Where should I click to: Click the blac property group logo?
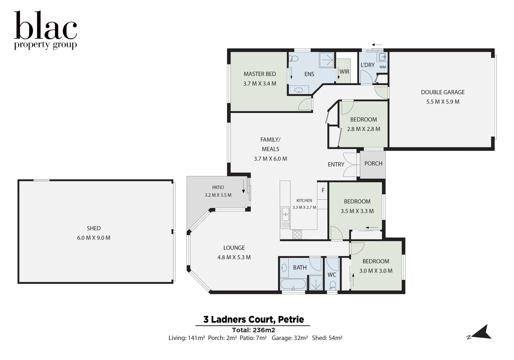tap(45, 30)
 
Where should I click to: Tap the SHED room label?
tap(94, 228)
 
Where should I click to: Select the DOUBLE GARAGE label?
tap(442, 92)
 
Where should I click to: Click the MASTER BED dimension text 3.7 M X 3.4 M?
tap(260, 84)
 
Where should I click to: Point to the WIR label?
tap(344, 72)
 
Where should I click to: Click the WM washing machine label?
tap(383, 67)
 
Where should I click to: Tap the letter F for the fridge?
tap(323, 191)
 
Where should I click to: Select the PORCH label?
tap(373, 164)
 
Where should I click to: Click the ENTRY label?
tap(336, 164)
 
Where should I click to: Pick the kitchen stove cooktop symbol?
tap(297, 235)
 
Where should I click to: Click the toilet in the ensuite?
tap(294, 59)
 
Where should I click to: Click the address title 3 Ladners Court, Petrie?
tap(253, 320)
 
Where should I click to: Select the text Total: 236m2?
tap(253, 330)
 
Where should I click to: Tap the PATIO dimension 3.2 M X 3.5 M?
tap(218, 195)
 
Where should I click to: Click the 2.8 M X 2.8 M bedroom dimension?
tap(363, 129)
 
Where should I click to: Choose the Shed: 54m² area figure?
tap(327, 338)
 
